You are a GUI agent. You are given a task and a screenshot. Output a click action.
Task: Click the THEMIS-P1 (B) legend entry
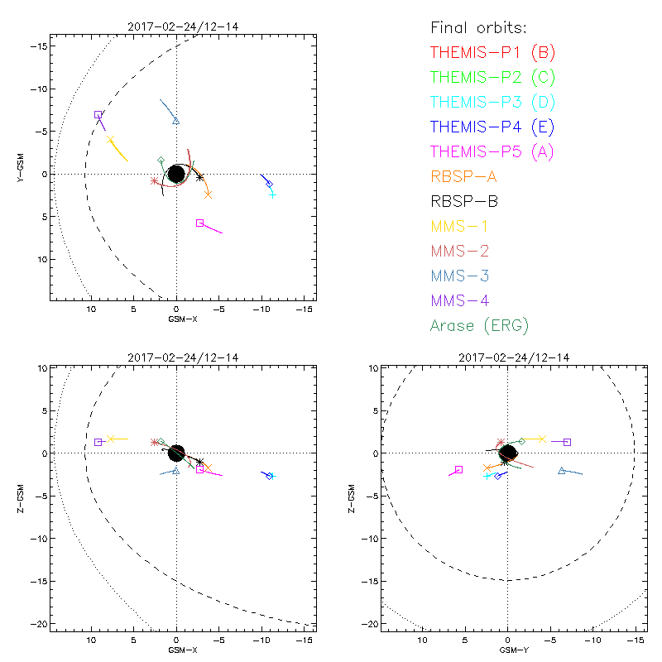(492, 53)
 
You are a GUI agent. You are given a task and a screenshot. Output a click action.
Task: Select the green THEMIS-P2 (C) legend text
(492, 78)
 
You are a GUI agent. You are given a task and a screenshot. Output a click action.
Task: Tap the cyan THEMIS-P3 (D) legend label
(492, 103)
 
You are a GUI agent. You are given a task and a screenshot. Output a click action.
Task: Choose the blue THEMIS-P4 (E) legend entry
(492, 127)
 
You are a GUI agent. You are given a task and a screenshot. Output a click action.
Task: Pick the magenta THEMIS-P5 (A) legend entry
(492, 151)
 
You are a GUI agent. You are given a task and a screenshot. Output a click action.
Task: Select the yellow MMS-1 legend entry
(463, 226)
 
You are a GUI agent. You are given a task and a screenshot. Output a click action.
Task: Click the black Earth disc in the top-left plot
(176, 174)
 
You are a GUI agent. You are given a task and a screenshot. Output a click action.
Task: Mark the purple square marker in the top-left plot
(98, 115)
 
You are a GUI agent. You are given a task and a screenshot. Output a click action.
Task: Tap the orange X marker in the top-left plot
(208, 194)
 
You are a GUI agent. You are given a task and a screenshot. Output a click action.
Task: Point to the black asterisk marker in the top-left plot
(199, 177)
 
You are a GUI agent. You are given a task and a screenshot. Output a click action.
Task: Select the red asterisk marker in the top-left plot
(155, 180)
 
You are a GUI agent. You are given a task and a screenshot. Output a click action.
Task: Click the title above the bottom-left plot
(176, 357)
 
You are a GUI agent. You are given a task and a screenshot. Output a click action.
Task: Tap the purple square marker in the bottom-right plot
(567, 442)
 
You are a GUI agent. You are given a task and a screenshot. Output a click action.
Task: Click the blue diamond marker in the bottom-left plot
(269, 476)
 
